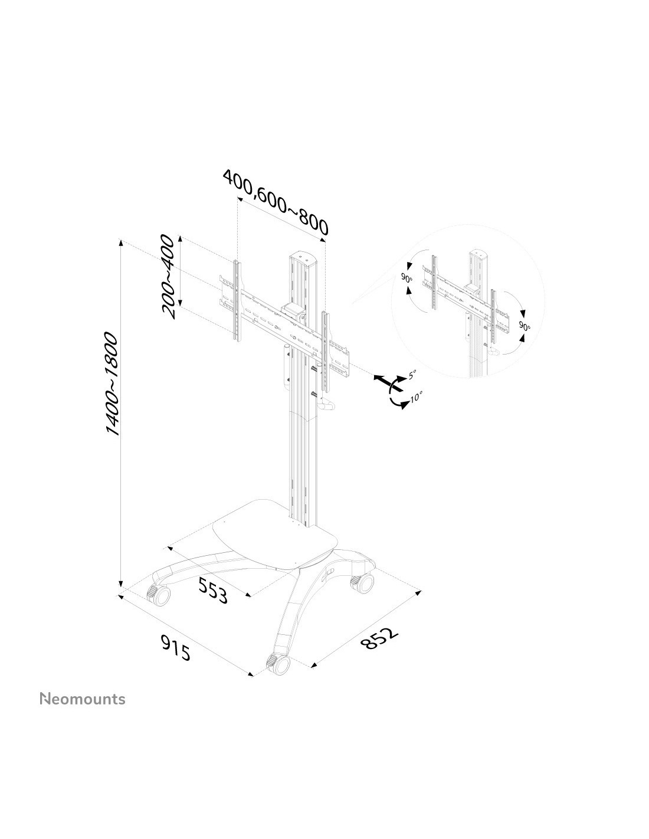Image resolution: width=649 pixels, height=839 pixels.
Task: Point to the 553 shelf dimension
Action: tap(212, 591)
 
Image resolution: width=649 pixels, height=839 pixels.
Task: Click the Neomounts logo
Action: tap(82, 699)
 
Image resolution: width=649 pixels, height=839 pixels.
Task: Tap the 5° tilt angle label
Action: tap(411, 374)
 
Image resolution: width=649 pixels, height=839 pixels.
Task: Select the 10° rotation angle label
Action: tap(416, 397)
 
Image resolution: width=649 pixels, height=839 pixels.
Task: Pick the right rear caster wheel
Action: tap(362, 583)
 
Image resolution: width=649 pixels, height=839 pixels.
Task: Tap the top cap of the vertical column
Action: tap(304, 258)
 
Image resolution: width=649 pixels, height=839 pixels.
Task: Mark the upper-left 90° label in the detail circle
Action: tap(407, 278)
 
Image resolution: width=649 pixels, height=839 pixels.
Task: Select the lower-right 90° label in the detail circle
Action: tap(524, 326)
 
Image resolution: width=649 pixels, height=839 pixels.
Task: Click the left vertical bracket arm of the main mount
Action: tap(237, 301)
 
